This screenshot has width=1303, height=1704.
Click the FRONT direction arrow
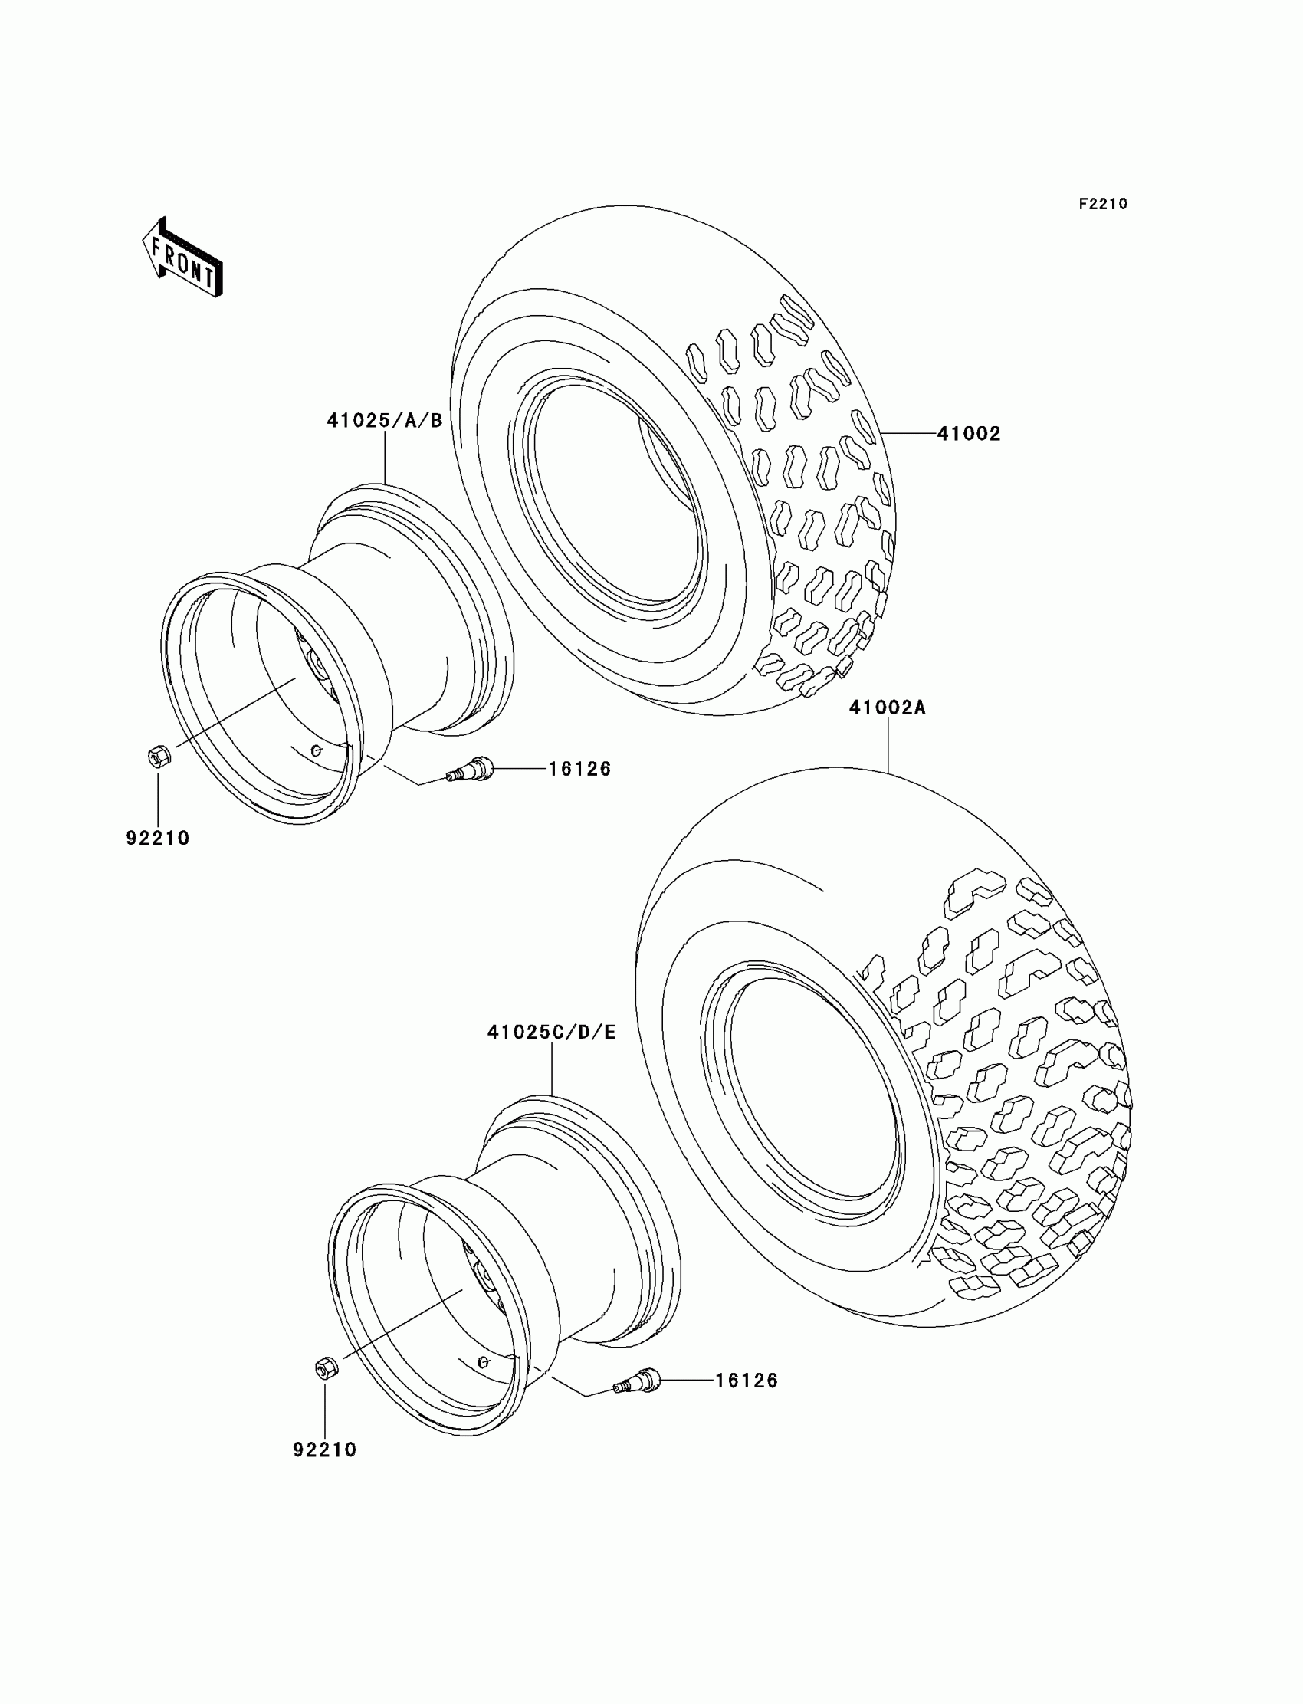click(183, 257)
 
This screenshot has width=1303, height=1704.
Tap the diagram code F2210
click(1102, 204)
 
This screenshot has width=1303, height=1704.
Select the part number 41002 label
click(969, 434)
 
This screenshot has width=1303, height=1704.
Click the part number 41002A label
click(888, 708)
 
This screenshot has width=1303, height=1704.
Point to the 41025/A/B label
click(385, 420)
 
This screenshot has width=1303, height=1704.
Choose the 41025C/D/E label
click(551, 1033)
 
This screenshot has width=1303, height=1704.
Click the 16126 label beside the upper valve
click(580, 769)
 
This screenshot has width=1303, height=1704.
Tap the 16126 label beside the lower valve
click(746, 1381)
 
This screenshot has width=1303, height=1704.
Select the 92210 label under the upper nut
click(157, 839)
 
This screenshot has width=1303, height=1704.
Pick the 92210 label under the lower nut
click(325, 1450)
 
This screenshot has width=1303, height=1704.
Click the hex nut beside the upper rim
click(158, 756)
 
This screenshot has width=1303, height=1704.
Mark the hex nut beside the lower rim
click(325, 1367)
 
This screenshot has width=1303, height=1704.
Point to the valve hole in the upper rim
click(316, 750)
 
